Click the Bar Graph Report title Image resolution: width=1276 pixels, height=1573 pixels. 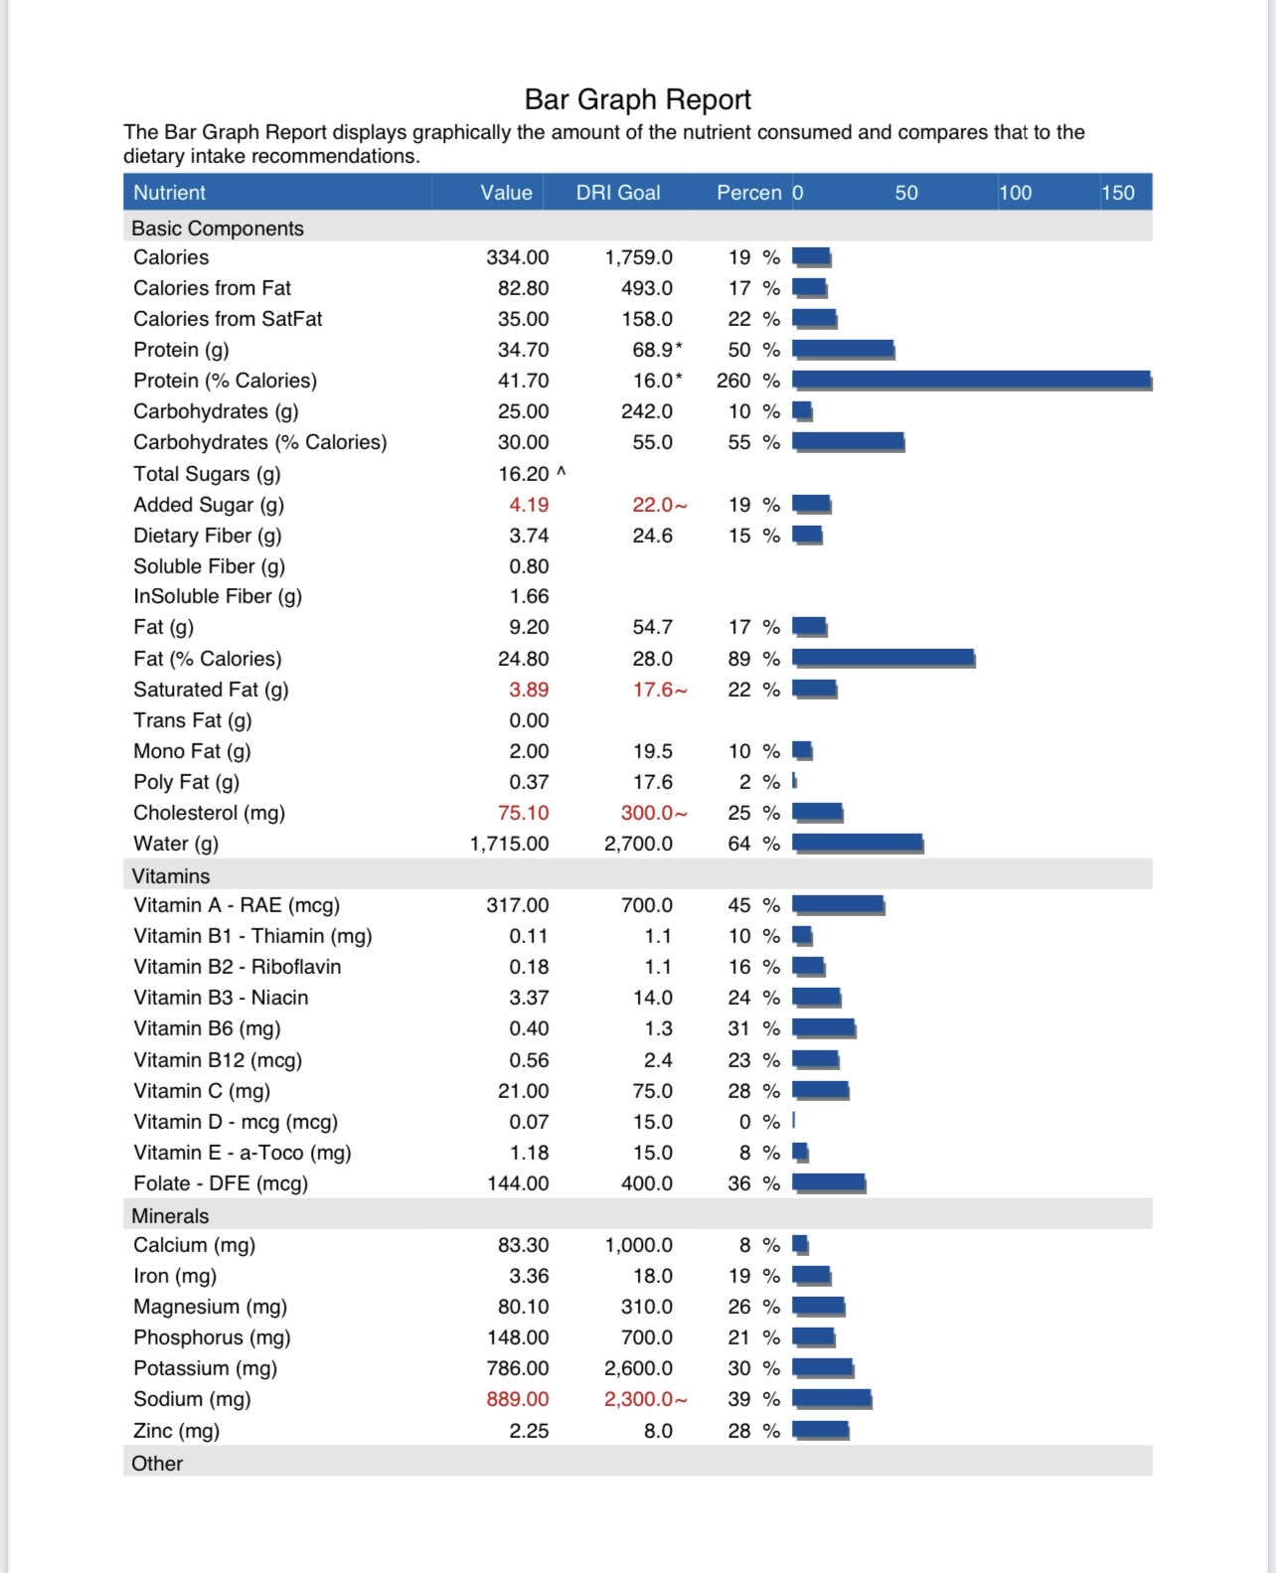coord(637,99)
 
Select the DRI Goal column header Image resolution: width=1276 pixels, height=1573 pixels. coord(617,193)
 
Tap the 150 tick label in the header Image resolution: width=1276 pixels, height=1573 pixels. coord(1118,193)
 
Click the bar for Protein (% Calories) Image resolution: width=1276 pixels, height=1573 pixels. coord(971,380)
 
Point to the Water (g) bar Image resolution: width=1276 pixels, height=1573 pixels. coord(858,844)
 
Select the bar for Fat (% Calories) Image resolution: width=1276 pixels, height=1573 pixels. coord(882,658)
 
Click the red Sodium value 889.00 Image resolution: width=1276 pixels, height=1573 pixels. coord(517,1399)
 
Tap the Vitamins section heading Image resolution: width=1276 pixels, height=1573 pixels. coord(171,875)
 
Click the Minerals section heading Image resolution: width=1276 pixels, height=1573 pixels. coord(170,1215)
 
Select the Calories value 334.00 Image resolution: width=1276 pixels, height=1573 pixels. coord(517,257)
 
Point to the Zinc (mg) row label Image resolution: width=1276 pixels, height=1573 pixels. coord(176,1430)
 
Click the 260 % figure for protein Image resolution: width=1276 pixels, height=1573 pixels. coord(747,381)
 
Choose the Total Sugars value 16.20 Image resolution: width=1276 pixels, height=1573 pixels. coord(524,474)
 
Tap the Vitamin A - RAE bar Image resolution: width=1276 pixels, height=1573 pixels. coord(838,904)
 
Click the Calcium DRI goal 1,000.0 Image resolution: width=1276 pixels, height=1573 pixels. coord(638,1245)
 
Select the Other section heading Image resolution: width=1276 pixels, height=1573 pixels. coord(157,1463)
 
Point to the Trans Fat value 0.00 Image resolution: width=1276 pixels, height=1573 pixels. coord(529,720)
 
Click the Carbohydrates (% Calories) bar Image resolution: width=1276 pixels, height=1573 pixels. coord(848,441)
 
